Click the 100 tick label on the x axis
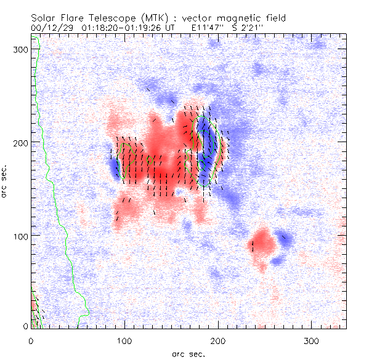click(x=124, y=340)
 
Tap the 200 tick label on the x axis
click(x=217, y=340)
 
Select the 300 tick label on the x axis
click(x=310, y=340)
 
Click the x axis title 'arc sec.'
click(x=188, y=353)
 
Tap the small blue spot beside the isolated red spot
click(x=286, y=238)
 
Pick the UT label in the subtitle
click(x=170, y=28)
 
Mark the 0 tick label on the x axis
click(x=31, y=340)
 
